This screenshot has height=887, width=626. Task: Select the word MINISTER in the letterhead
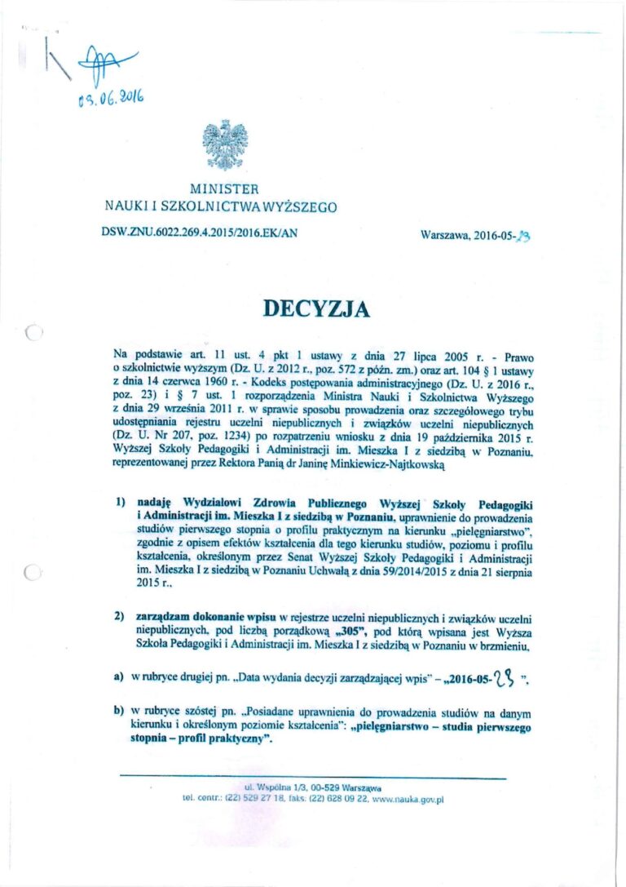tap(224, 190)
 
